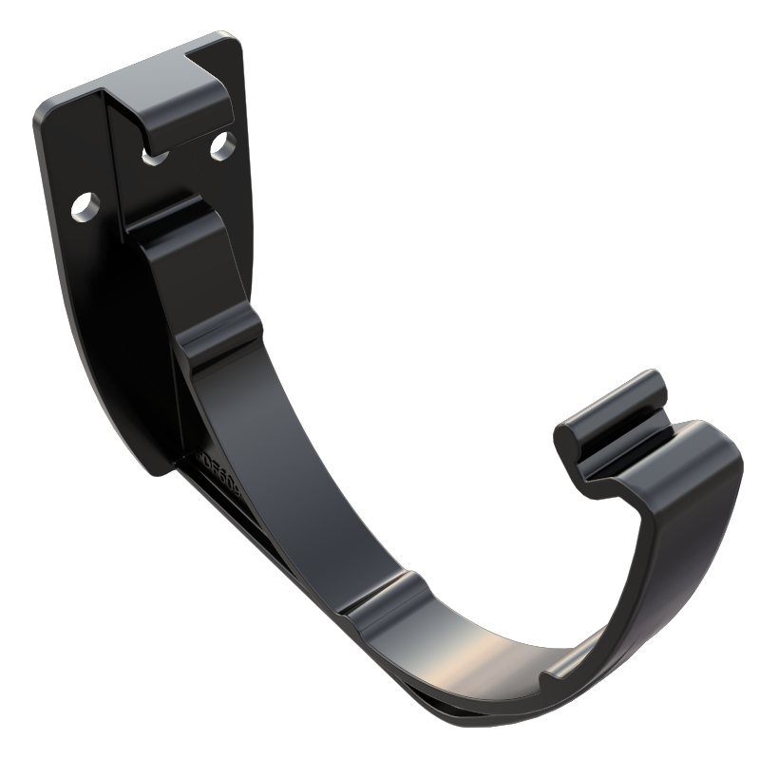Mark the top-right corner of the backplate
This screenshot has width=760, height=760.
[x=231, y=44]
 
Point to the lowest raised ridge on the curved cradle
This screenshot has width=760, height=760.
[x=380, y=598]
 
